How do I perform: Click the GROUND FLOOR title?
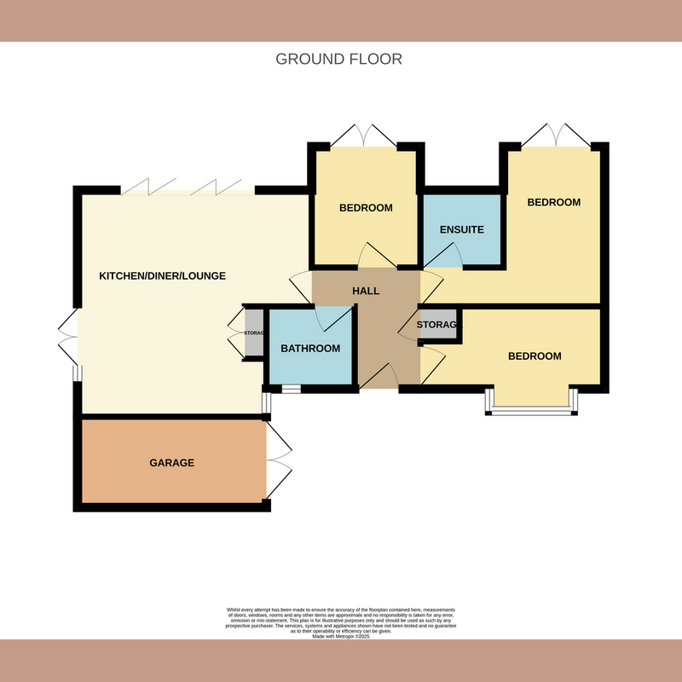[x=338, y=59]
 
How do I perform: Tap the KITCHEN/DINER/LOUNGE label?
[x=162, y=275]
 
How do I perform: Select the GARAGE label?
[x=172, y=463]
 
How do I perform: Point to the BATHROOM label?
[x=310, y=348]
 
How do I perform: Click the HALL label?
[x=366, y=291]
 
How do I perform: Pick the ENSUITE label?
[x=462, y=229]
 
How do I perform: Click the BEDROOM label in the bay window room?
[x=535, y=355]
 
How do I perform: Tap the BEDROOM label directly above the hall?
[x=366, y=208]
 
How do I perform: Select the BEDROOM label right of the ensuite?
[x=553, y=202]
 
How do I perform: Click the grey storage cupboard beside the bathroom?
[x=254, y=332]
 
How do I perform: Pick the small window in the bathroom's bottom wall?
[x=291, y=390]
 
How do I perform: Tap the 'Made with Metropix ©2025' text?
[x=341, y=636]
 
